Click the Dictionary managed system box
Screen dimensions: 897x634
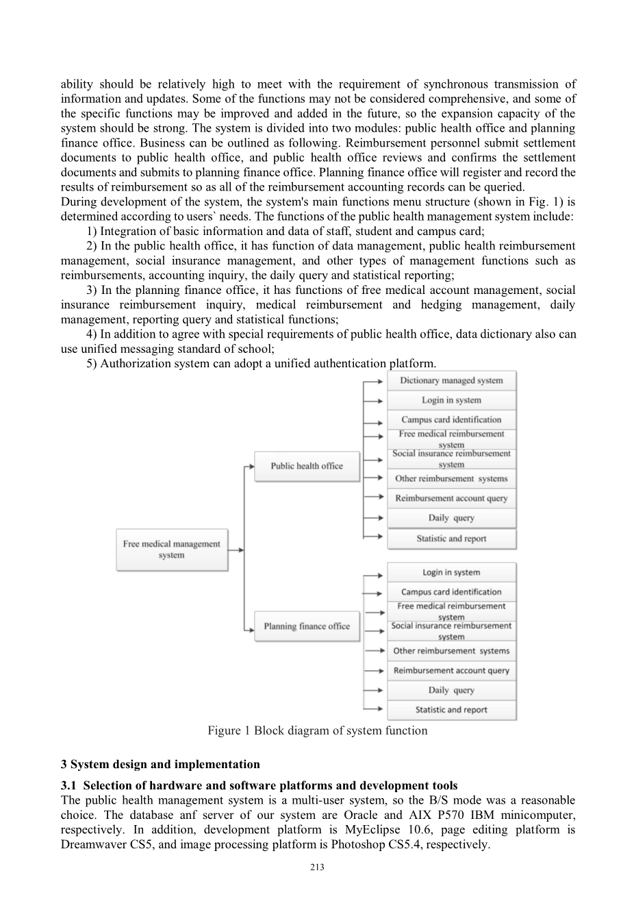(x=451, y=381)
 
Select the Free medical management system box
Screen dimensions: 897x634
(x=172, y=550)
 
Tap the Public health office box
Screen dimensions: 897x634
(x=307, y=466)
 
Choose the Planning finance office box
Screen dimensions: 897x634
(x=307, y=626)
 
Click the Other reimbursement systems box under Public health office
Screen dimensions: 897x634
(x=451, y=479)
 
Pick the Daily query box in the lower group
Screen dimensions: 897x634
(x=451, y=691)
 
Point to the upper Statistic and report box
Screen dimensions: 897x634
(x=451, y=539)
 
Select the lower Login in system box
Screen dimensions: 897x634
(x=451, y=572)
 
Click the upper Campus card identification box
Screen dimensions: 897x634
(x=451, y=419)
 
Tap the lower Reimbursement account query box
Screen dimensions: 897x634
(x=451, y=671)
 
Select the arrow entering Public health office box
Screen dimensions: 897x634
(x=249, y=467)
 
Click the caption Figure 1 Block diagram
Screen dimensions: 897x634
(x=317, y=730)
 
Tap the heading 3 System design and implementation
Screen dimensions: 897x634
(x=160, y=764)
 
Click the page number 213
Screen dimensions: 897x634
(x=317, y=868)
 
